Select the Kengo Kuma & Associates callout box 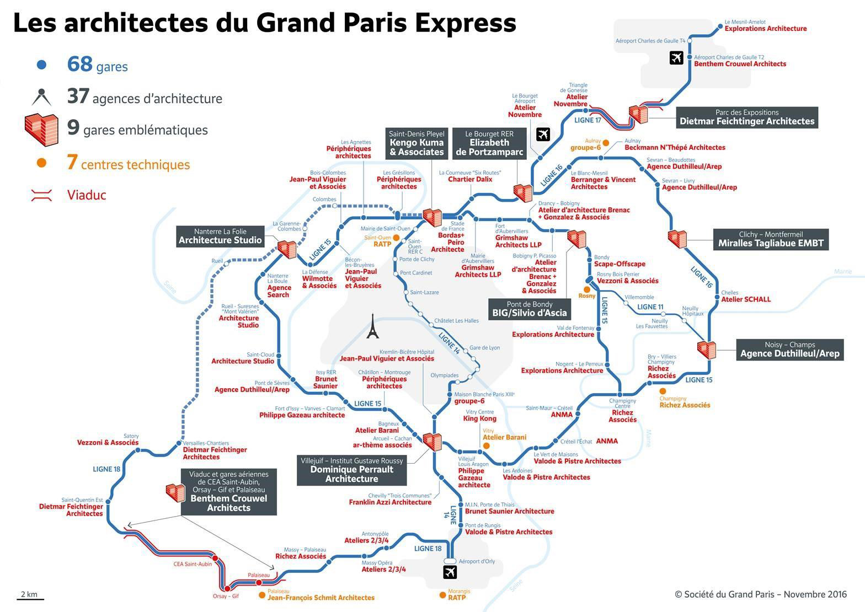tap(417, 143)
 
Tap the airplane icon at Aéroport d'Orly tap(451, 572)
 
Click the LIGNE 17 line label tap(588, 120)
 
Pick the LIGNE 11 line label tap(650, 307)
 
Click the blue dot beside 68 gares tap(41, 65)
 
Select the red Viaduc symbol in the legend tap(42, 195)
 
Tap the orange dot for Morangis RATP tap(442, 595)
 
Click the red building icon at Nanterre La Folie tap(287, 249)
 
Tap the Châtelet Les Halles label tap(456, 321)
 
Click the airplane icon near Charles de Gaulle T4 tap(676, 57)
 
